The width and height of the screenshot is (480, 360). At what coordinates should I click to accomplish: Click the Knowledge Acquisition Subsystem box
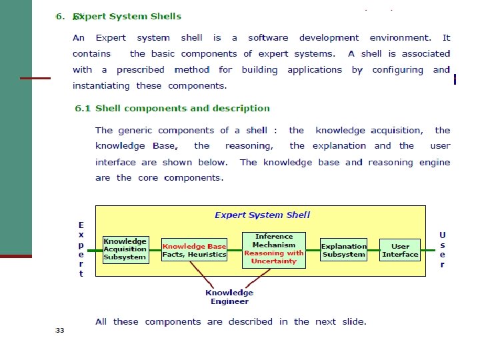click(125, 249)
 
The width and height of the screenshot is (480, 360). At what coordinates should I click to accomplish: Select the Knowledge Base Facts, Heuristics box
click(195, 250)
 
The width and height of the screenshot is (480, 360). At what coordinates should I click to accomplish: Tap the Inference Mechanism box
click(273, 249)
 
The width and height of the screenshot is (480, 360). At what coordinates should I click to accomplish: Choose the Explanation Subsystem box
click(343, 250)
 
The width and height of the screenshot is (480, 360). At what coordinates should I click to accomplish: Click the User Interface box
click(400, 250)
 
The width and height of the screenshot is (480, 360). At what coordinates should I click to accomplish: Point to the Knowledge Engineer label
click(229, 297)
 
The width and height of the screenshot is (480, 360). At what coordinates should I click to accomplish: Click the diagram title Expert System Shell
click(262, 215)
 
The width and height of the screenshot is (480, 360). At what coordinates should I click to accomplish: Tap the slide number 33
click(60, 330)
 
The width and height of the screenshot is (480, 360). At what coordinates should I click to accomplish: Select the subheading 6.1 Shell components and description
click(172, 108)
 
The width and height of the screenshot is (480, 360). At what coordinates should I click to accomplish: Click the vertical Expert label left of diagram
click(81, 249)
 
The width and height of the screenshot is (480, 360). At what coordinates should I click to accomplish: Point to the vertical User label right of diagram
click(443, 249)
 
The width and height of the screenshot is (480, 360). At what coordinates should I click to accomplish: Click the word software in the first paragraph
click(268, 38)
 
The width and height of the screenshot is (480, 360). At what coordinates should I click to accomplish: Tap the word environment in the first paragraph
click(400, 38)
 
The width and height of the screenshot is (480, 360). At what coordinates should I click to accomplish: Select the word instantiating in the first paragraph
click(102, 85)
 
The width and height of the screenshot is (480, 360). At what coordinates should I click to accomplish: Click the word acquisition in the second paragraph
click(396, 131)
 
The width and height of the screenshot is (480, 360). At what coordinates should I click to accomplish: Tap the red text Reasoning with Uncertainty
click(273, 257)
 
